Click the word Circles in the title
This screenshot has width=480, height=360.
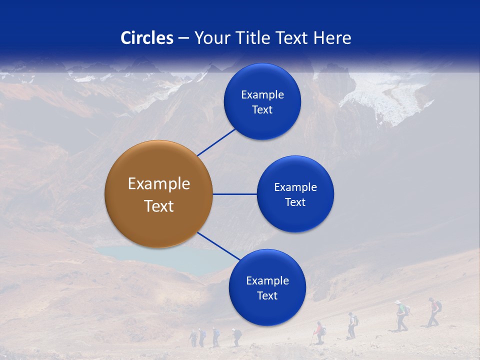146,38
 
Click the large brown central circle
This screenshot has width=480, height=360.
158,194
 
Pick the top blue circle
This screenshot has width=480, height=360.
262,101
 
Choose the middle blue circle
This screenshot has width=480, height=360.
295,194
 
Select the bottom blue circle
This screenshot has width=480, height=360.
267,287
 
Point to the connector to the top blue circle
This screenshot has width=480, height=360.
216,142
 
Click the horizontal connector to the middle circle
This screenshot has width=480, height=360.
234,194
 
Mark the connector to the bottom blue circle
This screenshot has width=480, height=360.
218,246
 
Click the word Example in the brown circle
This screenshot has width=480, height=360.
158,184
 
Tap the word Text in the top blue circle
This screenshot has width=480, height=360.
262,110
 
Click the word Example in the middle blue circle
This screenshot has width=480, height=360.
295,187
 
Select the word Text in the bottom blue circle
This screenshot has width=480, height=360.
267,296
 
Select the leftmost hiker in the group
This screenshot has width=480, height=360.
193,337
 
